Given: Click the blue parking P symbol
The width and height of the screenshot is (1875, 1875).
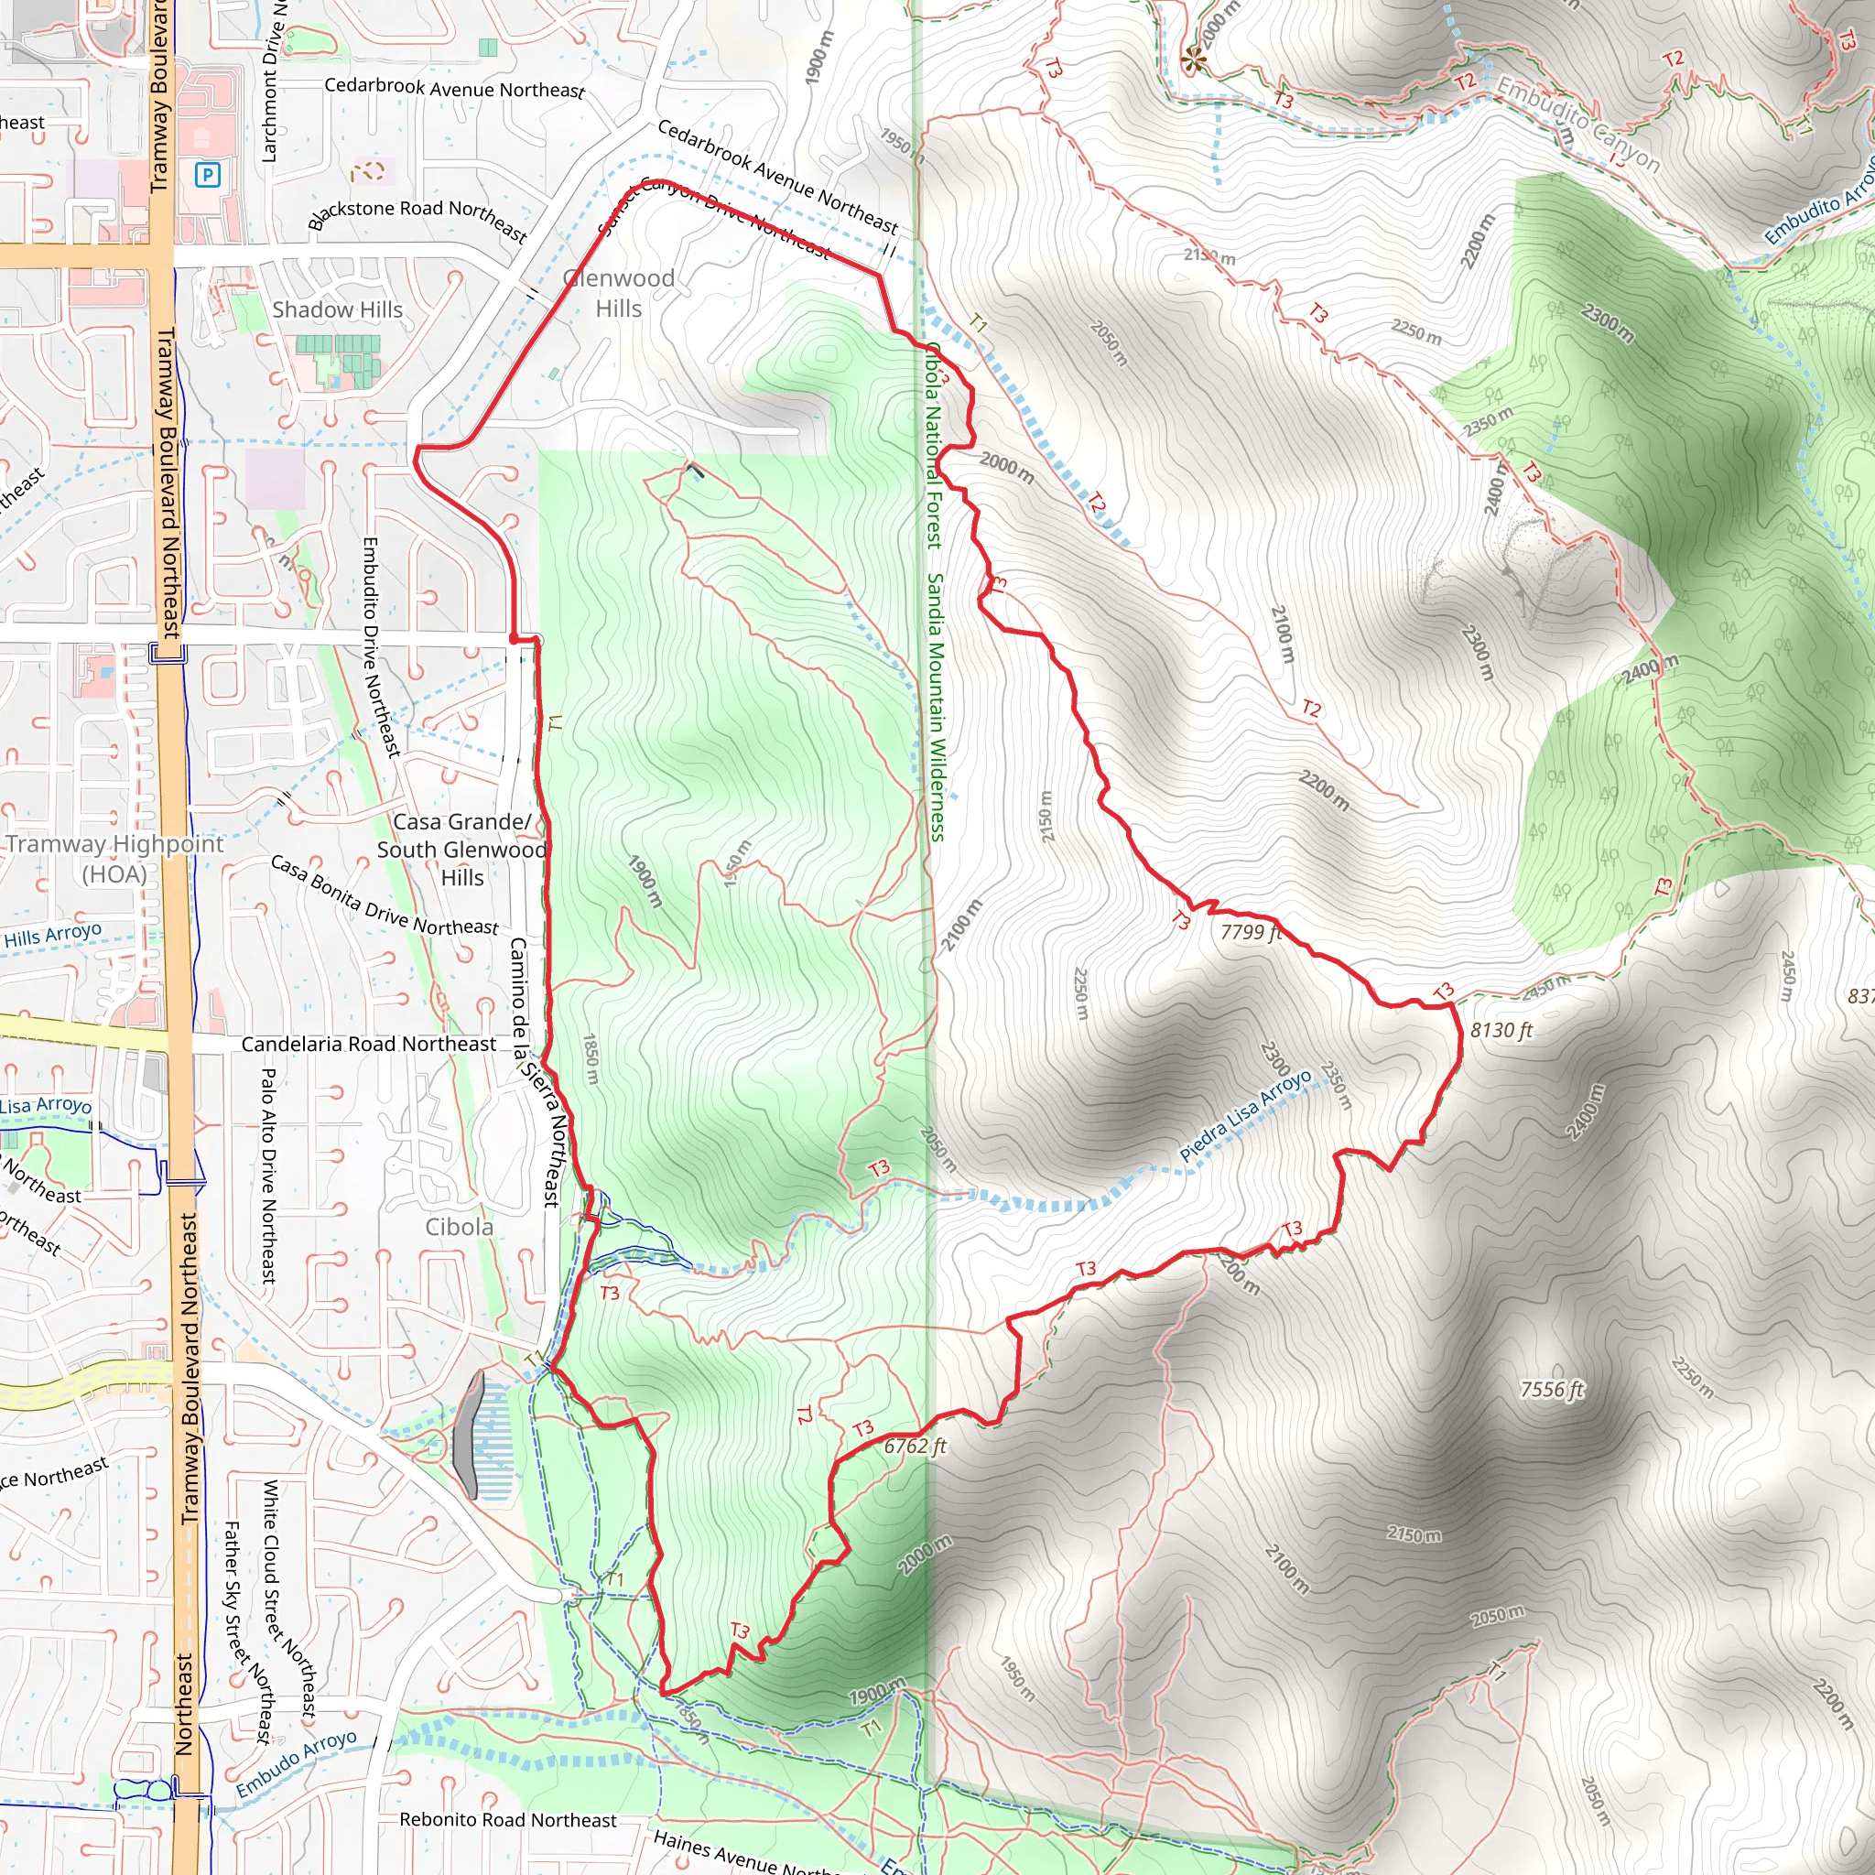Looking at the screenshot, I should coord(208,175).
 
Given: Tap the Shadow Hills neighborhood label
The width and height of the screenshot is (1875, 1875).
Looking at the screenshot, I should coord(337,309).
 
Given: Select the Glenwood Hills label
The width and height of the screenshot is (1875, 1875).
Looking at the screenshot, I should coord(619,293).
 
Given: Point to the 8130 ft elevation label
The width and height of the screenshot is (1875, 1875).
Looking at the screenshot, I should coord(1501,1031).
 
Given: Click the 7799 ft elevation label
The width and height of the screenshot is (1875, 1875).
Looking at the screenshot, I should coord(1251,933).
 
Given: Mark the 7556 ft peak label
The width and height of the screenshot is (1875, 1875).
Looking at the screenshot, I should coord(1552,1390).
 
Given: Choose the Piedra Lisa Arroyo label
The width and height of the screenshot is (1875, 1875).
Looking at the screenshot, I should coord(1245,1115).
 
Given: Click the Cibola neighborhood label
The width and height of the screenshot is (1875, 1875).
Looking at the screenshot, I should coord(459,1228).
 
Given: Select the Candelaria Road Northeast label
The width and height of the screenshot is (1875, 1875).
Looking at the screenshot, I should coord(368,1045).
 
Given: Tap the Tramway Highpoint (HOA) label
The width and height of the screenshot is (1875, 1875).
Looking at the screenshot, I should coord(114,859).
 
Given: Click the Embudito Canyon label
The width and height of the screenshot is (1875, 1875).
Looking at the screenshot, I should coord(1578,124).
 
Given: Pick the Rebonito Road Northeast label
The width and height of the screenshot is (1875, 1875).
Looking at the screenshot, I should coord(507,1820).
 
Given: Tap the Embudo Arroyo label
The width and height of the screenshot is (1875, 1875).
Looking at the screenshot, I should coord(296,1763).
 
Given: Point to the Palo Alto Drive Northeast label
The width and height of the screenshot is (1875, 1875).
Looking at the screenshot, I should coord(269,1176).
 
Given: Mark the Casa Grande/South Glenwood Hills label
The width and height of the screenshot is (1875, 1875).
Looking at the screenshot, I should coord(462,850).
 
